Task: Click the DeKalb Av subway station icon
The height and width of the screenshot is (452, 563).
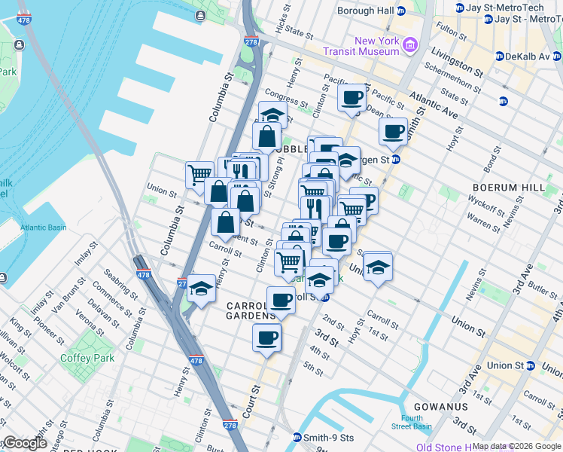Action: coord(499,56)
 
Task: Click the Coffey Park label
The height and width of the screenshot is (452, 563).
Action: coord(87,358)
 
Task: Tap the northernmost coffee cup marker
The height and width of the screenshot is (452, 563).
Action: coord(351,97)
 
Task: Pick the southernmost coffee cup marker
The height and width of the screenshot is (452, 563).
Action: coord(266,337)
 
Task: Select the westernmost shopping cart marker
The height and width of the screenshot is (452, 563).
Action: coord(199,174)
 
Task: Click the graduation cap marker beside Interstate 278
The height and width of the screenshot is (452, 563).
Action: coord(201,288)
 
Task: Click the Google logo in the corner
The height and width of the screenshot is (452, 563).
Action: coord(25,443)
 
